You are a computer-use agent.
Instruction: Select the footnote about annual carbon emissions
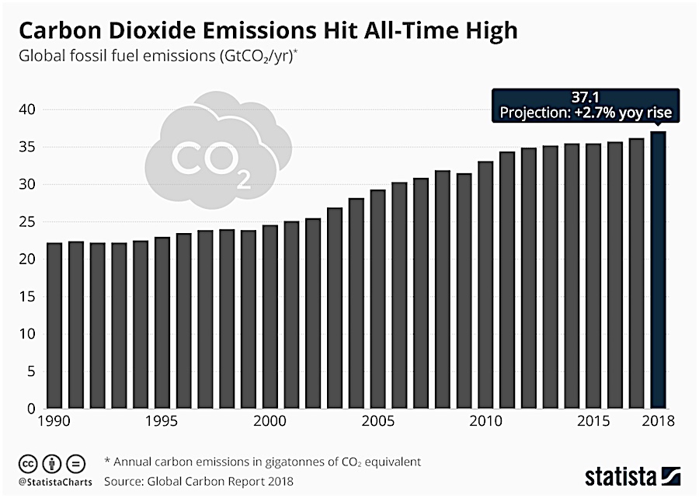(x=264, y=461)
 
